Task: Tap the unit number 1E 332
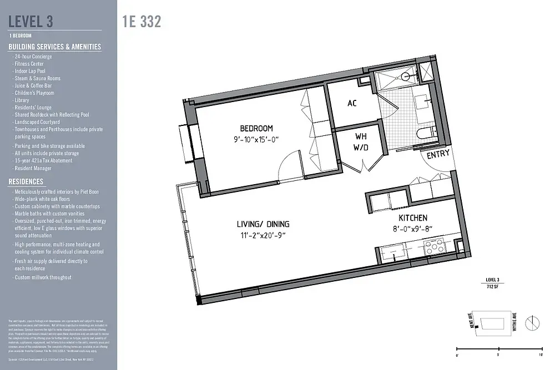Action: point(142,22)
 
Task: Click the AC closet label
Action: point(352,103)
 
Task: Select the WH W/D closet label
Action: point(361,142)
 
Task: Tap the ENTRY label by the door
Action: point(438,155)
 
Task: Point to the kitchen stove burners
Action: point(433,248)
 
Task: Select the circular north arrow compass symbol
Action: point(531,322)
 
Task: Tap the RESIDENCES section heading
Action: point(26,181)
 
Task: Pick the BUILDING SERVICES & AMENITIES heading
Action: point(55,47)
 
